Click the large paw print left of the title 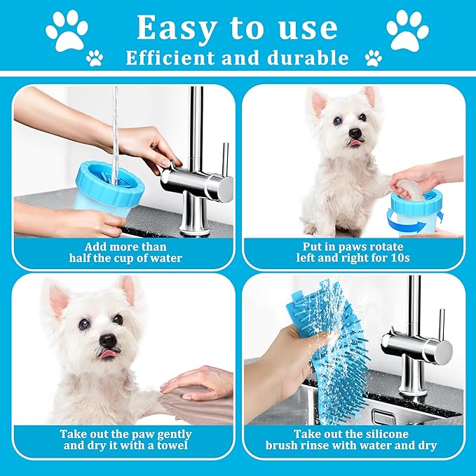[x=67, y=31]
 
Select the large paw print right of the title [x=407, y=30]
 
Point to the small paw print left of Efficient [x=95, y=58]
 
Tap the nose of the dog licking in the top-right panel [x=355, y=132]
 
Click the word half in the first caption [x=80, y=258]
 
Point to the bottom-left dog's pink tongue [x=106, y=353]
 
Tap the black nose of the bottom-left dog [x=108, y=341]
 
